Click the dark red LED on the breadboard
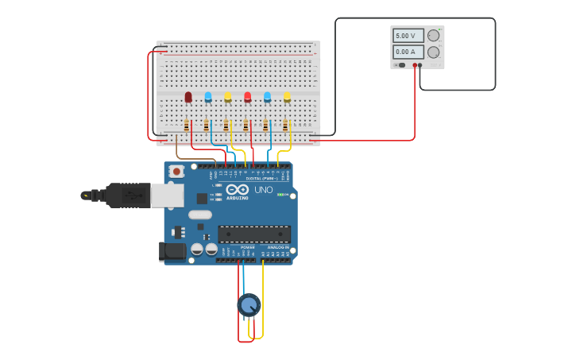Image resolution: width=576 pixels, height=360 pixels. click(x=188, y=97)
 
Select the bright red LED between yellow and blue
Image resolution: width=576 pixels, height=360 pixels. click(x=247, y=97)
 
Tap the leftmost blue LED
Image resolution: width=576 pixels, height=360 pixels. click(x=208, y=97)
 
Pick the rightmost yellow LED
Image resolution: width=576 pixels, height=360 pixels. click(x=287, y=97)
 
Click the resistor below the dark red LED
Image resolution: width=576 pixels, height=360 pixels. click(x=187, y=125)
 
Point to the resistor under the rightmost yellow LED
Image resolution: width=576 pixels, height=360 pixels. click(x=285, y=125)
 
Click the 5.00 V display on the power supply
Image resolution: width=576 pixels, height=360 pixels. click(x=408, y=36)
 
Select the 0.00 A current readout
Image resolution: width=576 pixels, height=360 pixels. click(x=408, y=52)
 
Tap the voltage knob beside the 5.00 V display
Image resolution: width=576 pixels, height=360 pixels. click(x=434, y=36)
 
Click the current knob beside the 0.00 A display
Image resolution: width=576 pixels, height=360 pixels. click(x=434, y=52)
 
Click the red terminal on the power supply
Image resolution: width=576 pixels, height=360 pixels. click(x=415, y=65)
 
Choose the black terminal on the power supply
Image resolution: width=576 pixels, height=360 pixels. click(x=420, y=65)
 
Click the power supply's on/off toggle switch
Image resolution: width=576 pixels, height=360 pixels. click(x=402, y=65)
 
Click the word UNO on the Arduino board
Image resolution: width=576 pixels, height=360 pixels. click(x=263, y=190)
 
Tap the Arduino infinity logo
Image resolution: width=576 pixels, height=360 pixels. click(x=238, y=190)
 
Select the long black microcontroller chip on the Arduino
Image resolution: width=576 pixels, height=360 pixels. click(x=254, y=234)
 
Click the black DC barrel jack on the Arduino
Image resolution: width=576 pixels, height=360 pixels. click(x=172, y=252)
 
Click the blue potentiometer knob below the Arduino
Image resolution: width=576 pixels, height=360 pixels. click(x=249, y=304)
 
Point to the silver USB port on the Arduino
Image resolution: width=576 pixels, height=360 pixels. click(x=167, y=195)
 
